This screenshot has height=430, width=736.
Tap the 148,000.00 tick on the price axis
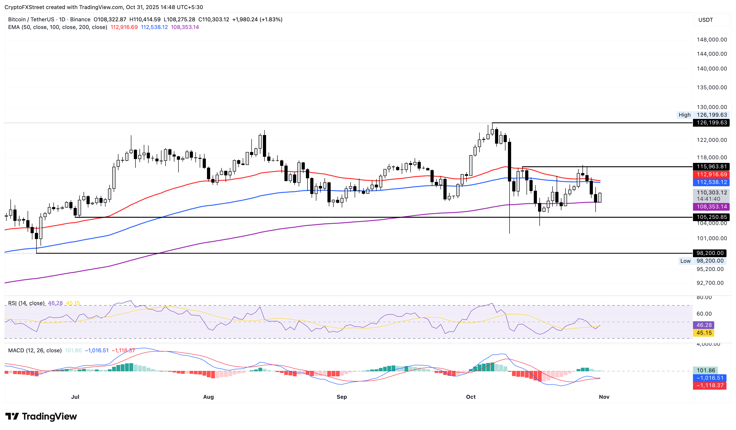point(712,40)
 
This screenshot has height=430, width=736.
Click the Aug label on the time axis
point(208,397)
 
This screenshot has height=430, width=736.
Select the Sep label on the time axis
point(342,397)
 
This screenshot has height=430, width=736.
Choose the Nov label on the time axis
point(604,397)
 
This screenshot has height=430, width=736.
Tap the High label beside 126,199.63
point(684,115)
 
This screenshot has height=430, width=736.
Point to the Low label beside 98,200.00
point(685,261)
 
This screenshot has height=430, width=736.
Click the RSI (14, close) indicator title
point(26,303)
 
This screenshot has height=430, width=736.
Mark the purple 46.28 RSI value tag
point(704,325)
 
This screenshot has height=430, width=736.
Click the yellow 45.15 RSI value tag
point(704,333)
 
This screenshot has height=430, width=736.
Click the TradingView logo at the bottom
point(41,416)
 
